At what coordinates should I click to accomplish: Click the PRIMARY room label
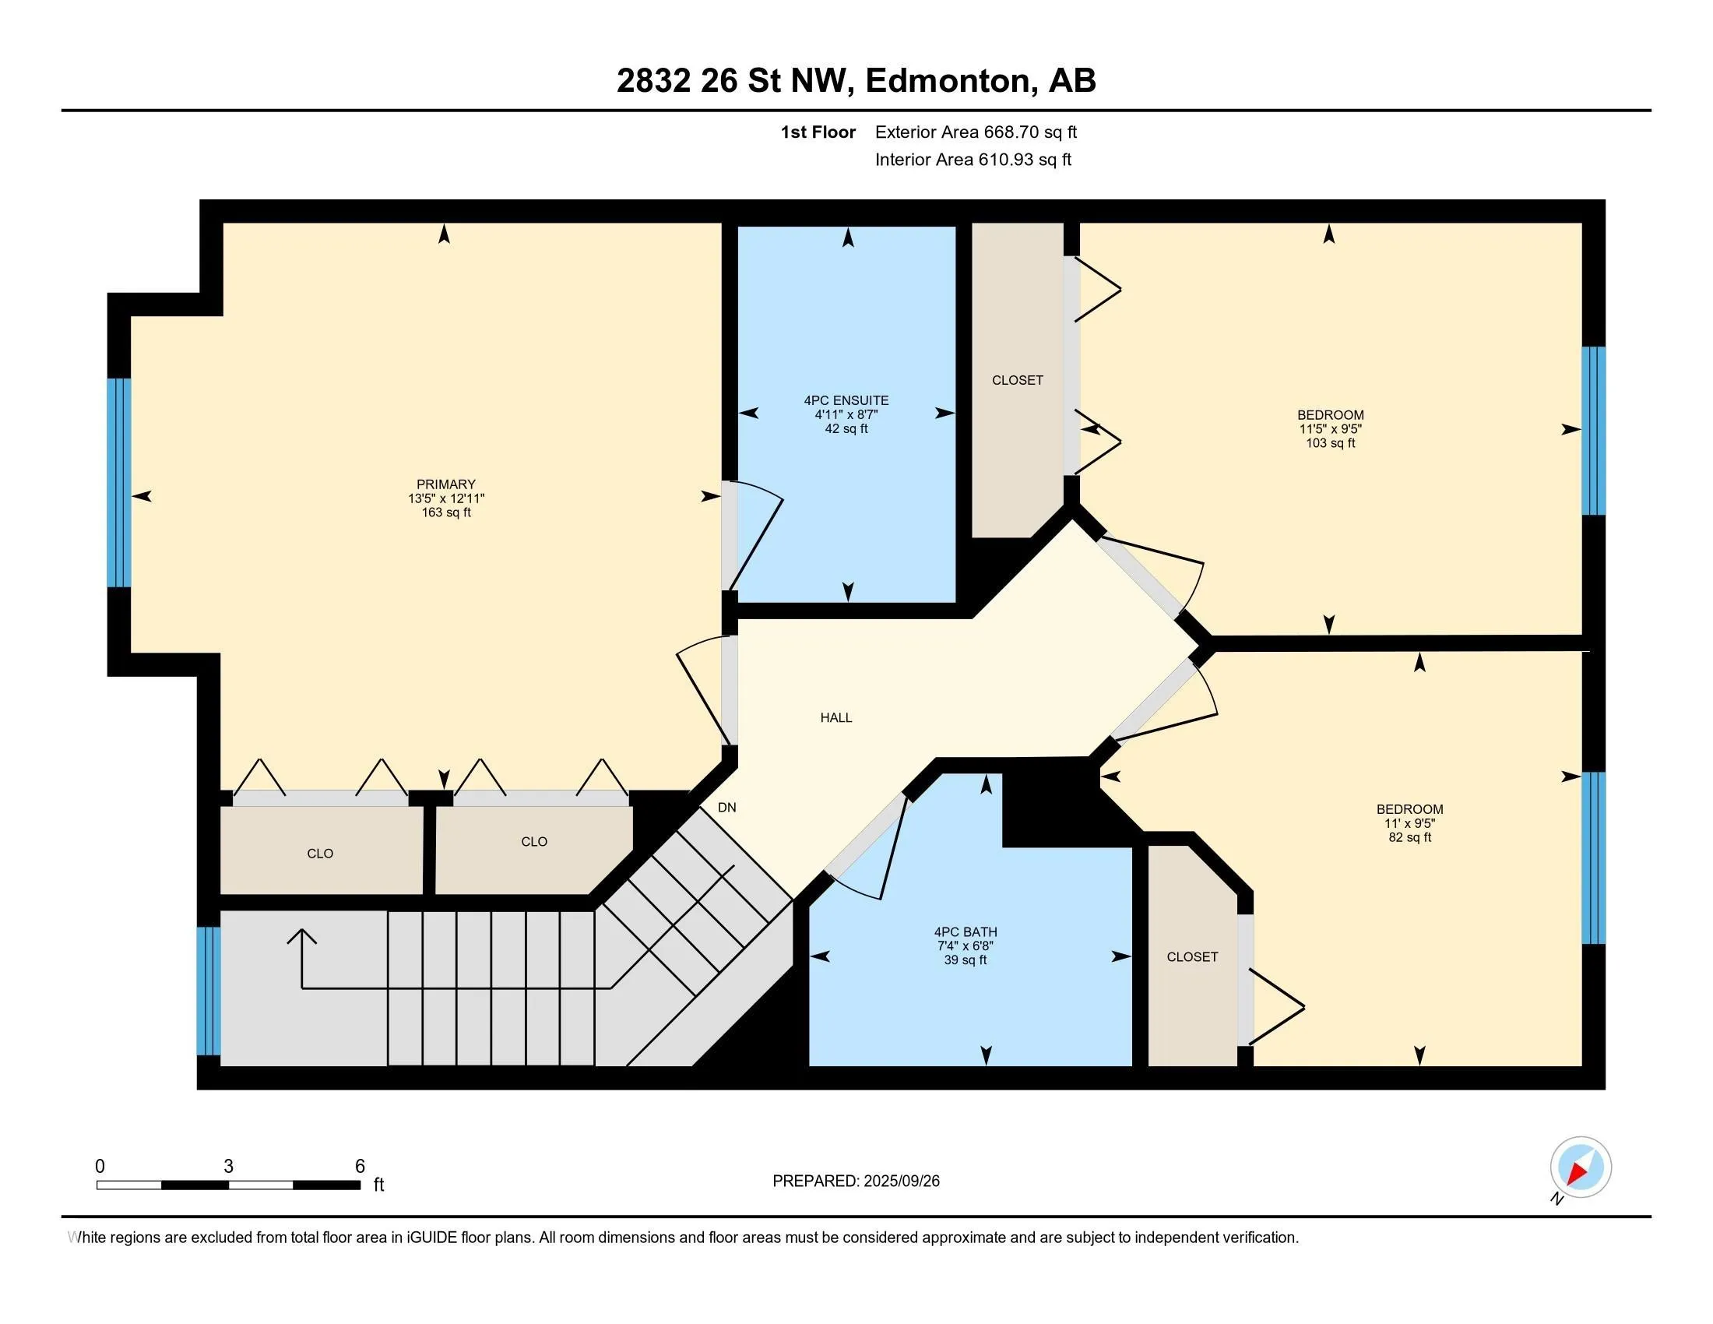pyautogui.click(x=445, y=484)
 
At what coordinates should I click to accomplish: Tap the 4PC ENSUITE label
pyautogui.click(x=846, y=400)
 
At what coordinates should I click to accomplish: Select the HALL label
pyautogui.click(x=836, y=717)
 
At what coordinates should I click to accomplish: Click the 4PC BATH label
pyautogui.click(x=966, y=931)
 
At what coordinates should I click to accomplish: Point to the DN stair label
pyautogui.click(x=727, y=807)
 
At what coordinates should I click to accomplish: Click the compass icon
pyautogui.click(x=1581, y=1167)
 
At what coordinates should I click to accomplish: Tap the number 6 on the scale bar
pyautogui.click(x=360, y=1167)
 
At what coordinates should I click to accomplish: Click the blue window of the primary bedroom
pyautogui.click(x=119, y=482)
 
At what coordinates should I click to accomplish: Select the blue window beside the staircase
pyautogui.click(x=209, y=991)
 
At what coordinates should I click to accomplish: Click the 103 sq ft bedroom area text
pyautogui.click(x=1330, y=443)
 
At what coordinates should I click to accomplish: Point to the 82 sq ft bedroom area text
pyautogui.click(x=1409, y=837)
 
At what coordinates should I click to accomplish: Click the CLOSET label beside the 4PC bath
pyautogui.click(x=1192, y=957)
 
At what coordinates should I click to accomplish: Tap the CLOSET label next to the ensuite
pyautogui.click(x=1018, y=380)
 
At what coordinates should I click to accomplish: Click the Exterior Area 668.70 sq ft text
pyautogui.click(x=976, y=132)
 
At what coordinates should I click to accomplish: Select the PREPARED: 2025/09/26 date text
pyautogui.click(x=856, y=1181)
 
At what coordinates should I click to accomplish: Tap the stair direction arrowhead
pyautogui.click(x=302, y=936)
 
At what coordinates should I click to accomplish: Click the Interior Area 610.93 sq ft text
pyautogui.click(x=973, y=160)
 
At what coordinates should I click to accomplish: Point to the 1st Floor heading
pyautogui.click(x=818, y=132)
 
